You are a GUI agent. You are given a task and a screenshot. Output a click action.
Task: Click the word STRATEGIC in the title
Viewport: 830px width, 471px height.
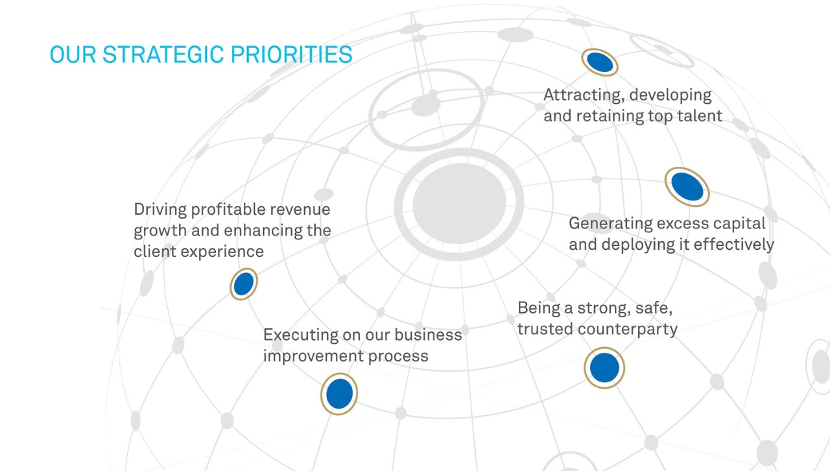[163, 54]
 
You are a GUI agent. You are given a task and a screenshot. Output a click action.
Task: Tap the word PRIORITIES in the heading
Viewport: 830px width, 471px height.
[291, 54]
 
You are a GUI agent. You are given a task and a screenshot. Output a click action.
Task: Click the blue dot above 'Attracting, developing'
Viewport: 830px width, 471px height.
[600, 62]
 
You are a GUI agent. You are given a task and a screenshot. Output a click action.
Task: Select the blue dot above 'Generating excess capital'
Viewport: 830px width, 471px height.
[687, 187]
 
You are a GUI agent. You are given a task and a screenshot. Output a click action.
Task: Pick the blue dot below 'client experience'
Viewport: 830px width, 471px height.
[244, 284]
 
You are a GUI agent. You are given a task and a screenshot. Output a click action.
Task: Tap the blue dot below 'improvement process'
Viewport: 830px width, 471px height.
[339, 394]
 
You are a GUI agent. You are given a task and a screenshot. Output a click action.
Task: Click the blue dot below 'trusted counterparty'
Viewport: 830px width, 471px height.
[604, 368]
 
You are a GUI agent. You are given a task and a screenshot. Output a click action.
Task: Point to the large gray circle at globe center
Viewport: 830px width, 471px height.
[460, 204]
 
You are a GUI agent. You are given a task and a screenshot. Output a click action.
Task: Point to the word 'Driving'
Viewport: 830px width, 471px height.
[160, 210]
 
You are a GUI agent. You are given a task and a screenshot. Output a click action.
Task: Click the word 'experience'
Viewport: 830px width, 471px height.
[222, 252]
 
